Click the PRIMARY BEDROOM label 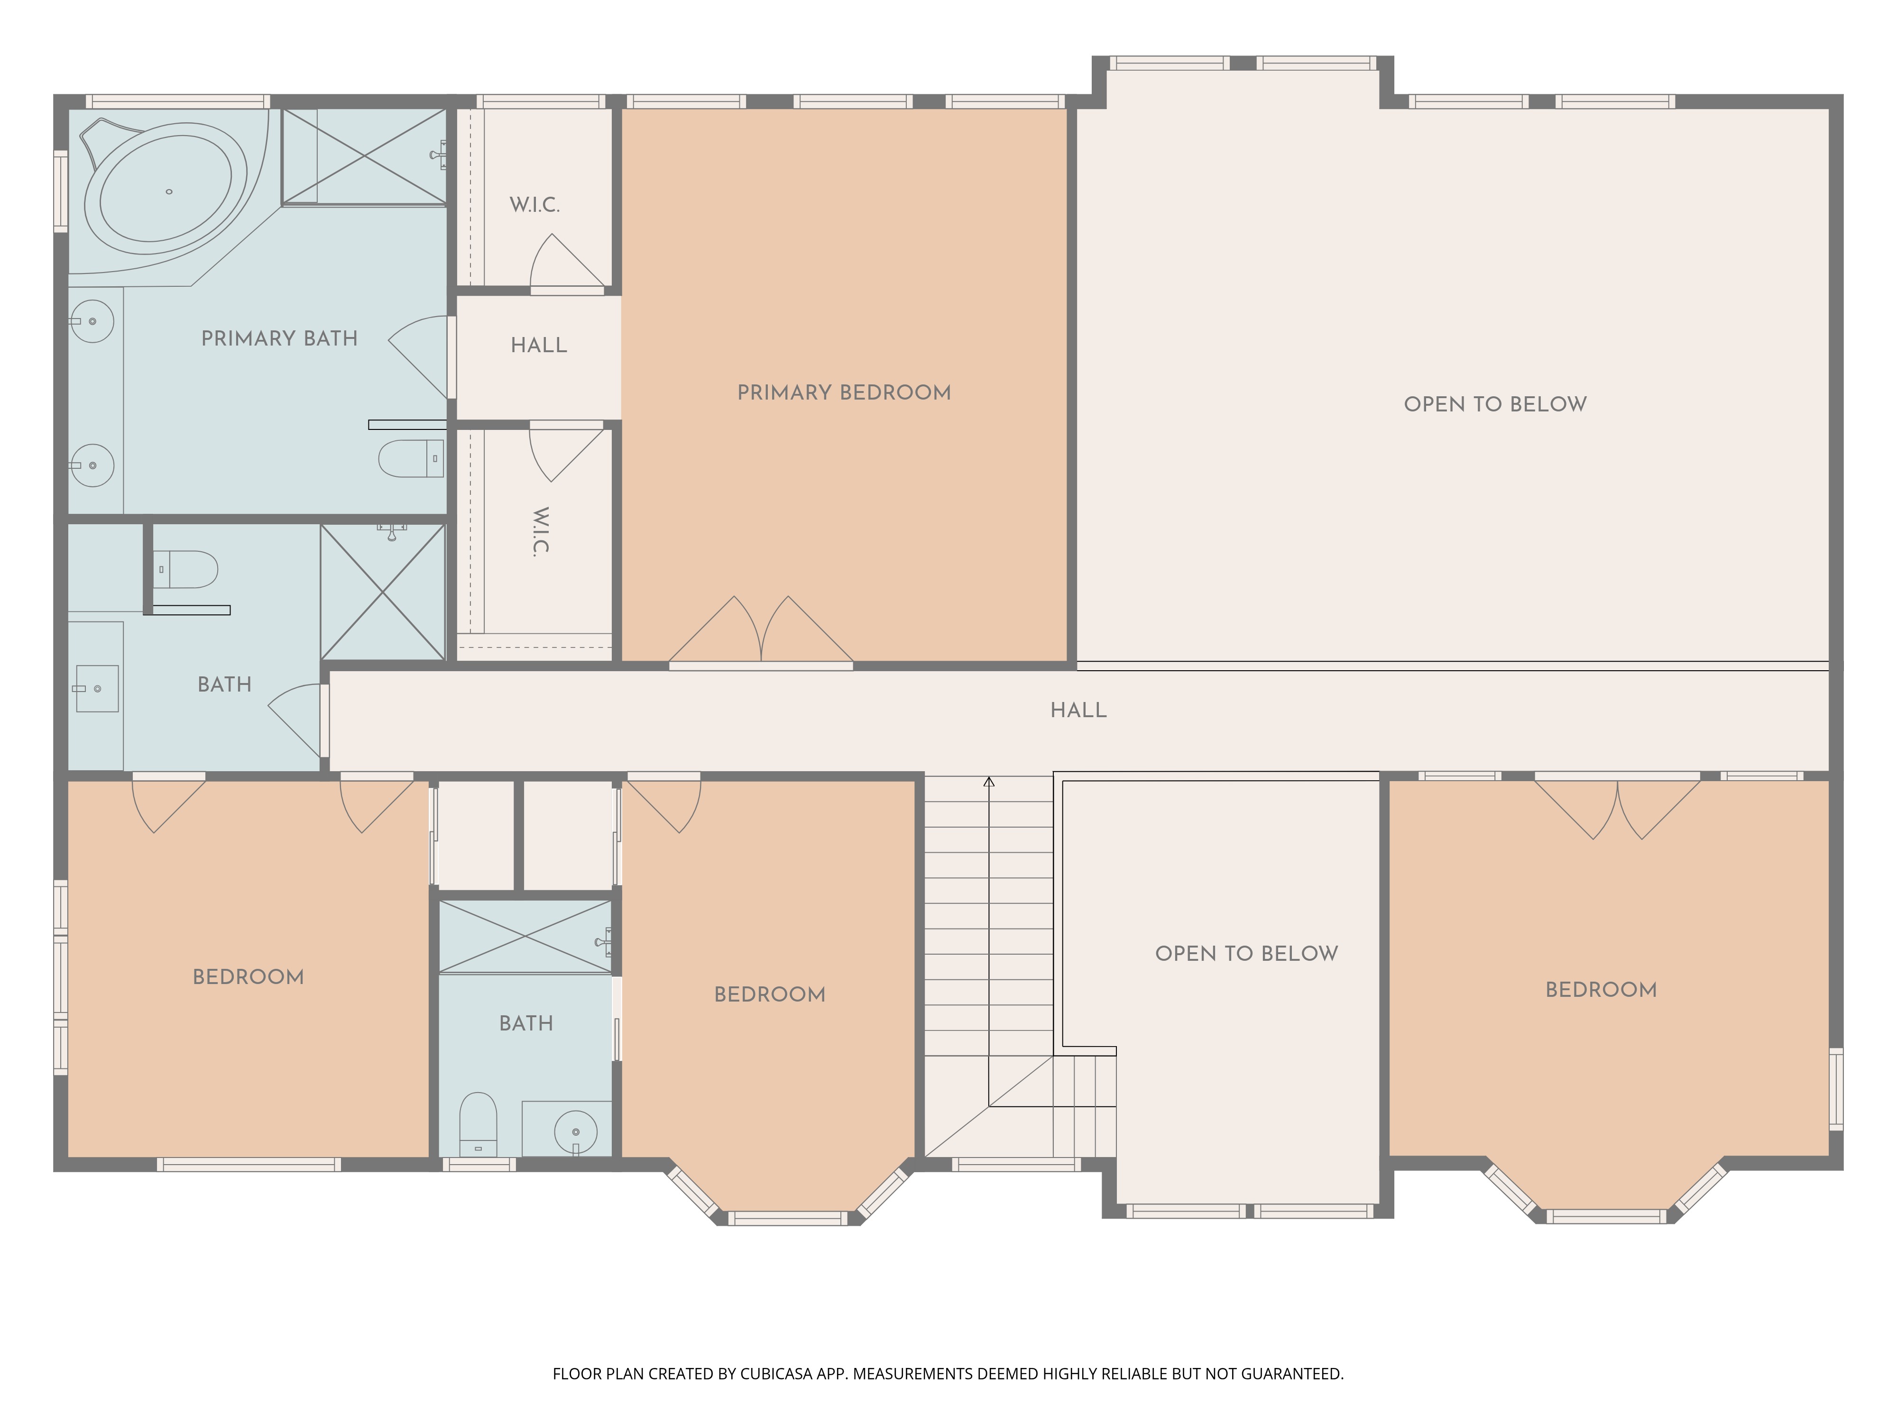(844, 392)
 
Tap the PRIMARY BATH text (280, 338)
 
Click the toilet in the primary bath (412, 458)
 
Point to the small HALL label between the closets (539, 346)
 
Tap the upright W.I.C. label (534, 205)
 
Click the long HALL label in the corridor (1079, 711)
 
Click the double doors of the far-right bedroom (1617, 807)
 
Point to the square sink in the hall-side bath (97, 688)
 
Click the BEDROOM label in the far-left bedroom (248, 977)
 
